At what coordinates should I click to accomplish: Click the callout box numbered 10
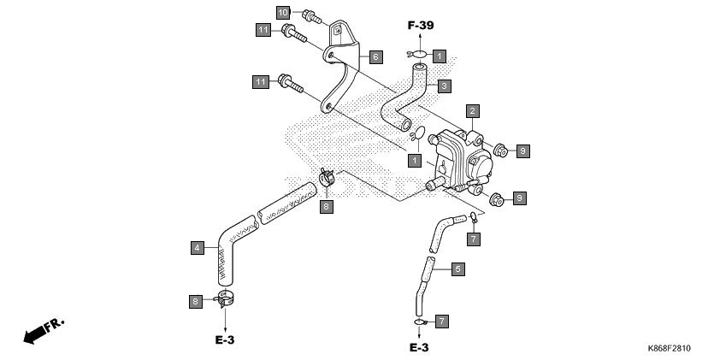pyautogui.click(x=283, y=12)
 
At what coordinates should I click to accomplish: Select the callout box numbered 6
pyautogui.click(x=375, y=57)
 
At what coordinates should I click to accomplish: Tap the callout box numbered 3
pyautogui.click(x=444, y=86)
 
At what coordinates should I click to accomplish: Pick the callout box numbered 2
pyautogui.click(x=473, y=111)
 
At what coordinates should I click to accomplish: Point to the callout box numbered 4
pyautogui.click(x=198, y=248)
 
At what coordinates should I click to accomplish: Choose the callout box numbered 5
pyautogui.click(x=457, y=269)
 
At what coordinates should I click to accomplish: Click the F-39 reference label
pyautogui.click(x=421, y=26)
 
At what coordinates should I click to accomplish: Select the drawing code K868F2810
pyautogui.click(x=669, y=349)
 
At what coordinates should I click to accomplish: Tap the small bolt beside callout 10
pyautogui.click(x=312, y=17)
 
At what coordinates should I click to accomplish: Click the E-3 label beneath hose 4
pyautogui.click(x=225, y=340)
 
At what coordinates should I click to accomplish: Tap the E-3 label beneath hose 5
pyautogui.click(x=419, y=348)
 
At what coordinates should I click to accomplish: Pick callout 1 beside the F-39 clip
pyautogui.click(x=439, y=56)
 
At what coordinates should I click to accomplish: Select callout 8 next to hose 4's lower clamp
pyautogui.click(x=196, y=302)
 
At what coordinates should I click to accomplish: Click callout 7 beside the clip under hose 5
pyautogui.click(x=442, y=322)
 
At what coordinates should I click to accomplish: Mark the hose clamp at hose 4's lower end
pyautogui.click(x=225, y=298)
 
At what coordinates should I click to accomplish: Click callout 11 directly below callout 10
pyautogui.click(x=263, y=30)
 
